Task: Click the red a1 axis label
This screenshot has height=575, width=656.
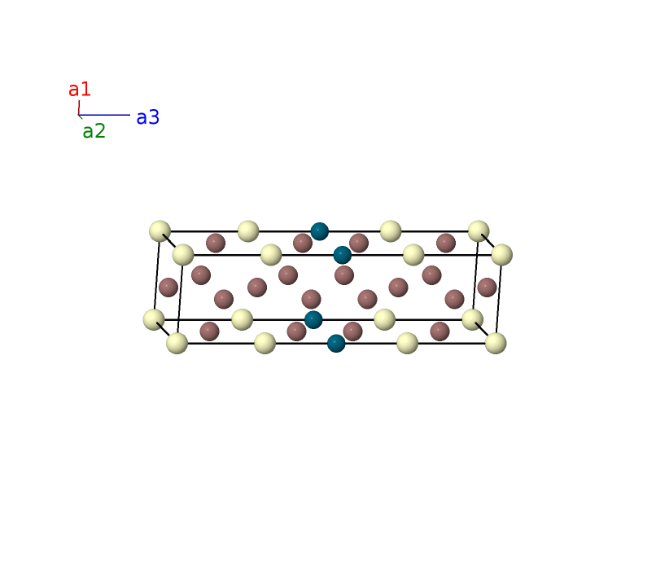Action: [80, 90]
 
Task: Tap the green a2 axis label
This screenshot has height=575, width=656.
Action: [94, 131]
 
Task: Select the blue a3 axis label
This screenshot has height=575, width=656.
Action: [148, 117]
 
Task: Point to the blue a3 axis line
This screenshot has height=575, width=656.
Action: [104, 115]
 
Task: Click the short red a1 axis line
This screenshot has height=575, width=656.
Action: [79, 108]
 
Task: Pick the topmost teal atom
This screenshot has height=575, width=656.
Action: [320, 231]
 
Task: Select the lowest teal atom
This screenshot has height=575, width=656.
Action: [336, 344]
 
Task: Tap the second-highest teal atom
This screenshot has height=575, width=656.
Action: [342, 255]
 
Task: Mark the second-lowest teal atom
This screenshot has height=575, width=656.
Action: [313, 319]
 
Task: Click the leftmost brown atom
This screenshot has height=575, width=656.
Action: [168, 287]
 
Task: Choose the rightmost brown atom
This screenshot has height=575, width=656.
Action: [487, 287]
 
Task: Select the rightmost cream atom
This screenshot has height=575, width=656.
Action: [501, 255]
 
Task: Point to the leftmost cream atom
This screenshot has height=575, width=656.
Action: [154, 319]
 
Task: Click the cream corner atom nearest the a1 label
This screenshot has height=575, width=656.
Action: [160, 231]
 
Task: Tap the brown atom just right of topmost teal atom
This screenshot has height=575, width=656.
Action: [359, 243]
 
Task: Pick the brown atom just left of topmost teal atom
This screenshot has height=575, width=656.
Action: [303, 243]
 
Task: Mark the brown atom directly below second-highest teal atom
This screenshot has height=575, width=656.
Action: [344, 275]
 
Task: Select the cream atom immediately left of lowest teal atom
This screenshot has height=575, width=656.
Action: [265, 344]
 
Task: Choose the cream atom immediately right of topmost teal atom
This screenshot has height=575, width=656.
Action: [391, 231]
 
